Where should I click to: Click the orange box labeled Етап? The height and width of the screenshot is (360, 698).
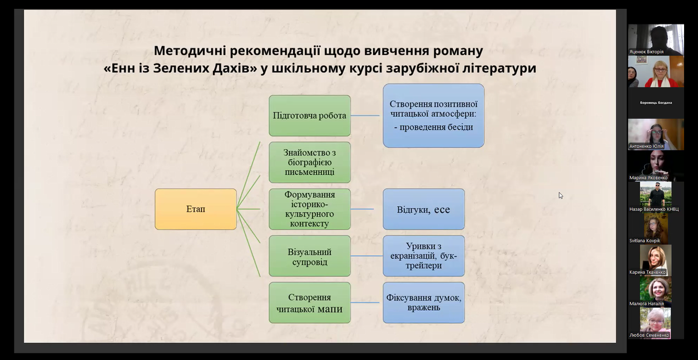(x=195, y=209)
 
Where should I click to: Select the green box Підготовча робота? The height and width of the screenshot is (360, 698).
(x=310, y=116)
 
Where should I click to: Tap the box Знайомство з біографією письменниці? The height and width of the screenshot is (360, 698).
(x=310, y=162)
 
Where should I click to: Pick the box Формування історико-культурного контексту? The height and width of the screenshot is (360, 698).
(x=310, y=209)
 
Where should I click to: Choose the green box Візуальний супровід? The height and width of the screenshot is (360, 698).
(x=310, y=256)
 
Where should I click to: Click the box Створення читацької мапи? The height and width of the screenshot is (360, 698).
(x=310, y=303)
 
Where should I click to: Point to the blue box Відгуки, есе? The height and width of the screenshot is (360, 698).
(x=423, y=209)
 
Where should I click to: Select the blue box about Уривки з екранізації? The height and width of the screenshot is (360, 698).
(x=423, y=256)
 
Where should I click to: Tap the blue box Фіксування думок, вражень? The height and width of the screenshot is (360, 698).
(x=423, y=303)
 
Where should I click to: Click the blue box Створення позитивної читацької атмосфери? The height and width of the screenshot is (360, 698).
(x=433, y=116)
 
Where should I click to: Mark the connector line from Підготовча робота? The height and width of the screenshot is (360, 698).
(x=367, y=116)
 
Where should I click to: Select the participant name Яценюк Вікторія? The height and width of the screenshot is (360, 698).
(x=647, y=52)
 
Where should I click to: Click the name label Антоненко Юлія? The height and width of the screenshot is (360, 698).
(x=647, y=146)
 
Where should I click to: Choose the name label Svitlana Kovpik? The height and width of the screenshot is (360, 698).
(x=645, y=240)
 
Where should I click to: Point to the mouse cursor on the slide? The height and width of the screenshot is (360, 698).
(x=561, y=195)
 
